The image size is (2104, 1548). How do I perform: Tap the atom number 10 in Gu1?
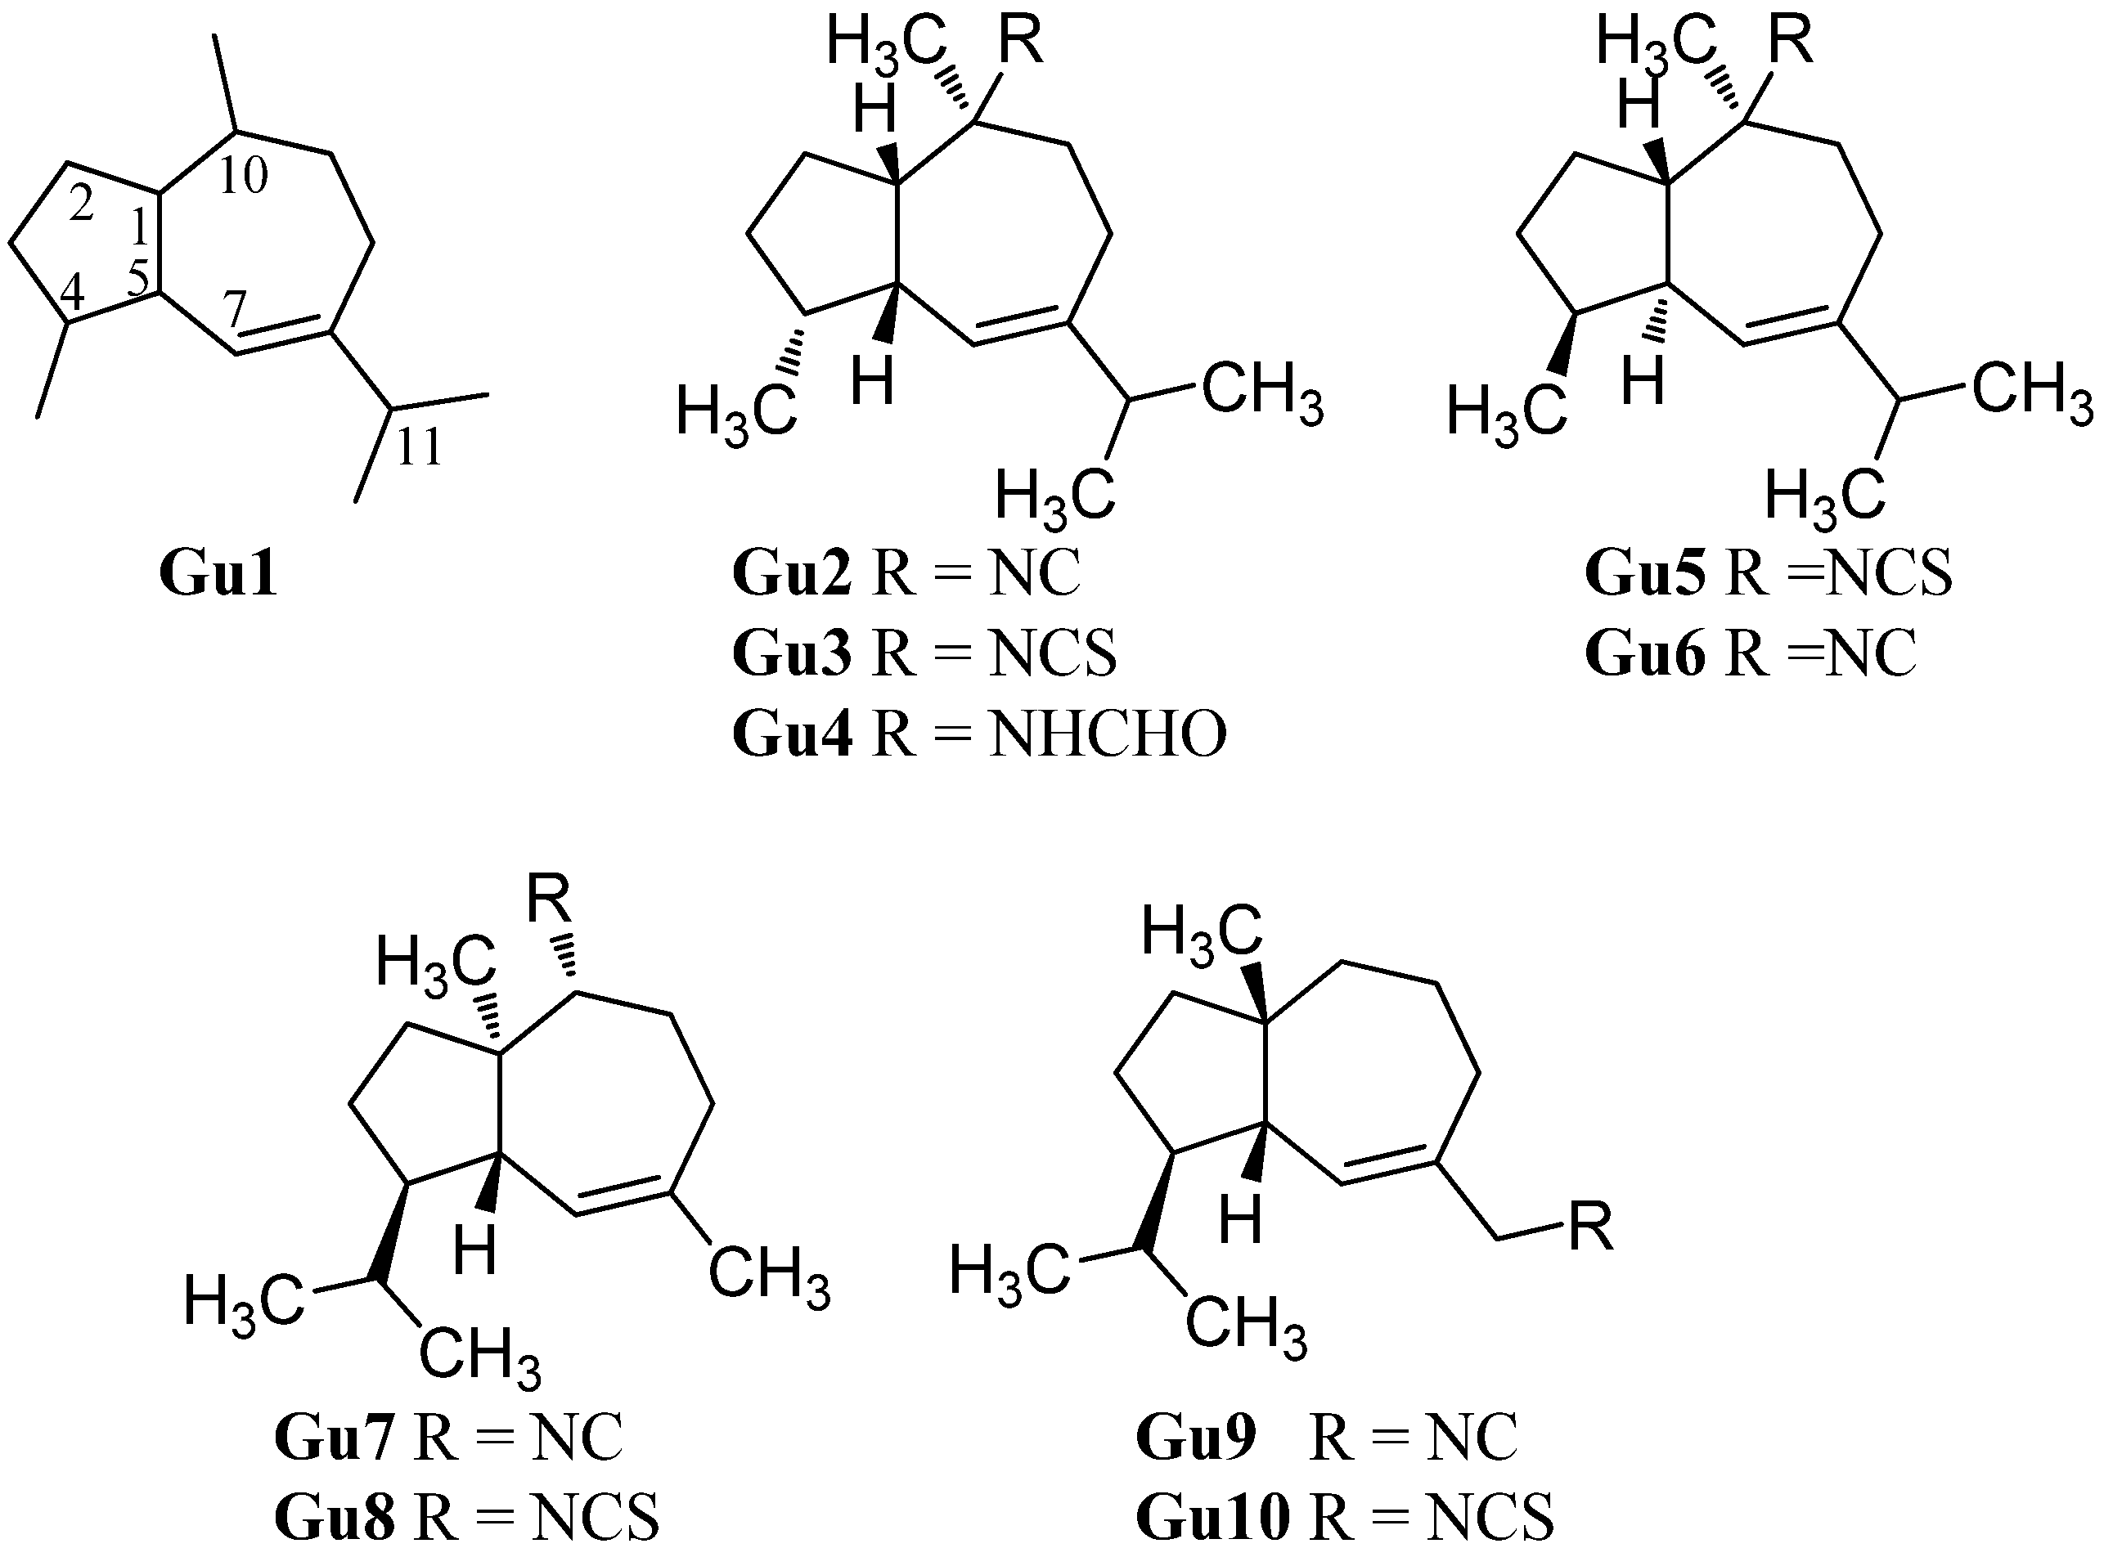click(243, 175)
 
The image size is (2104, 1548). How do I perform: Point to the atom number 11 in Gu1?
click(418, 448)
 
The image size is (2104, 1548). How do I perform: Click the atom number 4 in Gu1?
click(72, 294)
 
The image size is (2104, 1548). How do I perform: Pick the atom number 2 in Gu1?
click(82, 205)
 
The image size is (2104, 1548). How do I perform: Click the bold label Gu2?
click(792, 573)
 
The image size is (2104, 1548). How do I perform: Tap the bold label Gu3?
click(792, 654)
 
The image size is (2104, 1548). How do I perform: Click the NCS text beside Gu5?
click(1888, 573)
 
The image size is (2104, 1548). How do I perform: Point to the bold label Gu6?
click(1646, 654)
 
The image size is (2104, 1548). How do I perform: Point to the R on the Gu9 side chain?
click(1590, 1227)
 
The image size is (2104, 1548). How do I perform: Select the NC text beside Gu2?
click(1035, 573)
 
